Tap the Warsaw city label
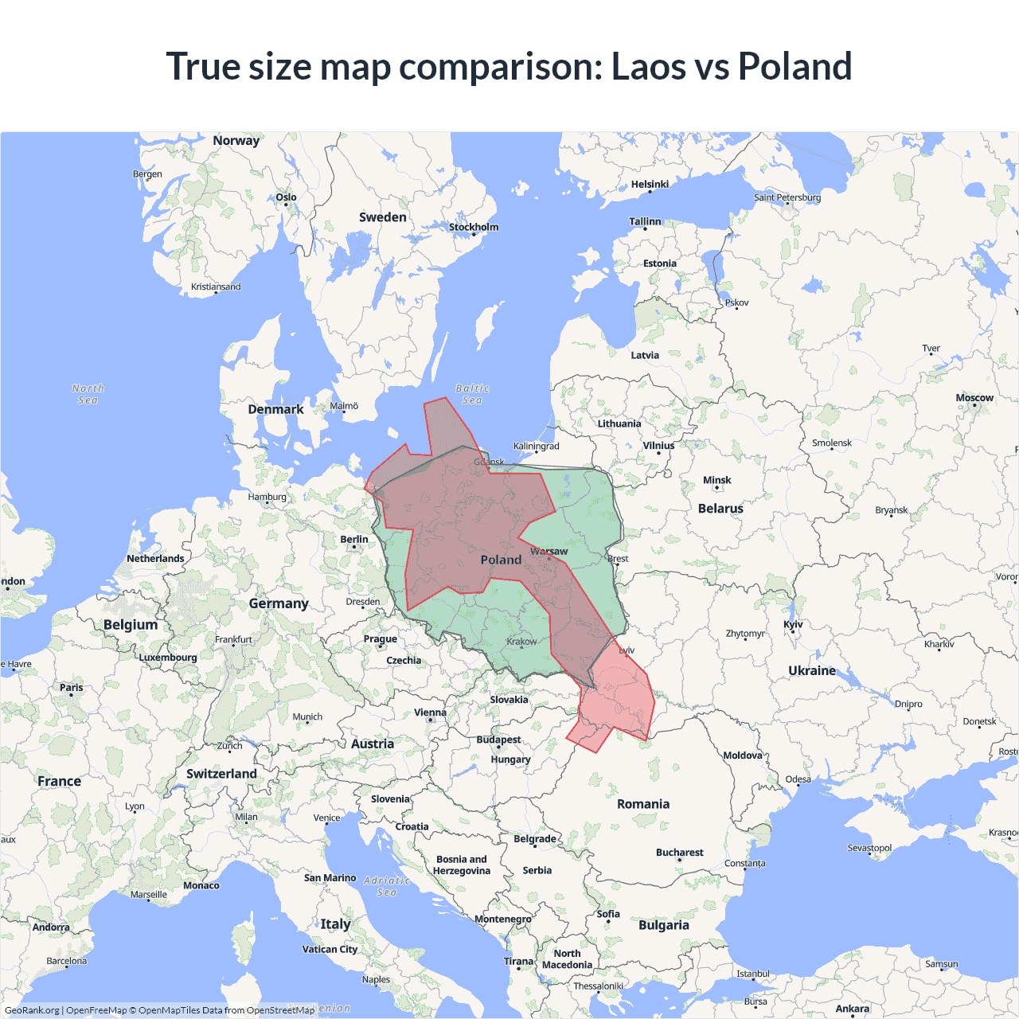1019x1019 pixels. (549, 551)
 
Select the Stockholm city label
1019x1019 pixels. (474, 227)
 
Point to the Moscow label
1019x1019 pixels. (974, 398)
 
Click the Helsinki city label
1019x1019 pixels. (650, 185)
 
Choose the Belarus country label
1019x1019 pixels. (720, 509)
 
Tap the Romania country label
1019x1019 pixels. (643, 804)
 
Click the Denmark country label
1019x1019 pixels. (275, 409)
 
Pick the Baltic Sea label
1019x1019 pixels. (472, 394)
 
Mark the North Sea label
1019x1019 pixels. (88, 394)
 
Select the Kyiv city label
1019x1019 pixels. (793, 624)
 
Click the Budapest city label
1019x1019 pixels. (498, 740)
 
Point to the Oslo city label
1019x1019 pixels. (286, 197)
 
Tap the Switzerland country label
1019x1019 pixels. (221, 774)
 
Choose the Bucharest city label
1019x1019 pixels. (679, 853)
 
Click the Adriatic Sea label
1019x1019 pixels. (387, 886)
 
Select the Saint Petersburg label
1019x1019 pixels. (787, 197)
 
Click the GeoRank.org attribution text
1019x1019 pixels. (32, 1010)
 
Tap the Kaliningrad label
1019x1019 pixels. (536, 447)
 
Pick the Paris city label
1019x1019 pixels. (71, 688)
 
